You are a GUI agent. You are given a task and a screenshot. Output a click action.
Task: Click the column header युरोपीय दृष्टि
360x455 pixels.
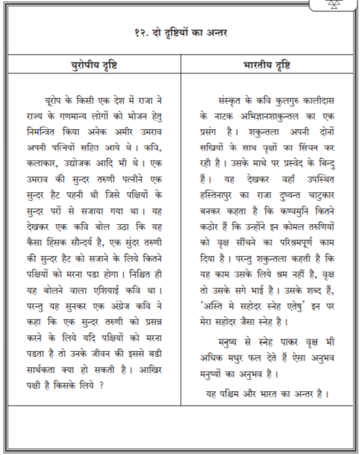(x=99, y=64)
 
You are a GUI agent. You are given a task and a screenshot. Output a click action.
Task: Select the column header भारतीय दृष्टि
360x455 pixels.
(x=269, y=64)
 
